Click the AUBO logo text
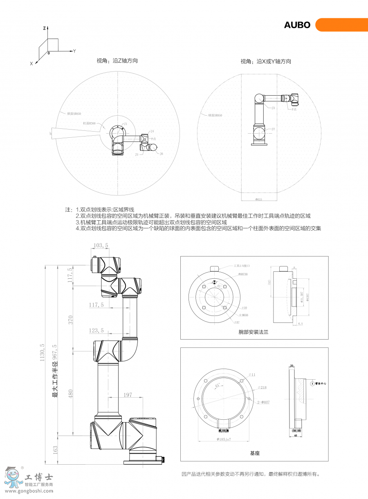point(297,25)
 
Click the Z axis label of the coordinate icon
point(44,29)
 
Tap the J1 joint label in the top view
point(126,123)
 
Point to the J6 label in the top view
point(161,154)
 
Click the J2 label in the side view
point(273,129)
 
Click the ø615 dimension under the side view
point(258,199)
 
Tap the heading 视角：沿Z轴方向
point(117,60)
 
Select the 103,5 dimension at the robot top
point(101,246)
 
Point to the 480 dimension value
point(70,394)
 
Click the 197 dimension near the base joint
point(128,395)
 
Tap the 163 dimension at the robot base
point(55,450)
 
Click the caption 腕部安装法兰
point(254,332)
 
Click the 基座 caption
point(255,453)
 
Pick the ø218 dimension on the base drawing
point(263,387)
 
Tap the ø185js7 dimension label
point(224,439)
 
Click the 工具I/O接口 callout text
point(241,265)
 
